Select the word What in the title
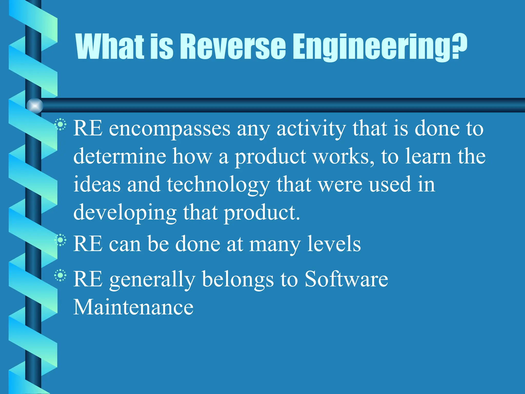click(110, 46)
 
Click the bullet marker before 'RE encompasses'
click(60, 125)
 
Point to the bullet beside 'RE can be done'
click(60, 240)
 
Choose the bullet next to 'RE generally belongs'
click(60, 275)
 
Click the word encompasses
click(169, 129)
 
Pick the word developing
click(125, 213)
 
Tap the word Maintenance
click(133, 307)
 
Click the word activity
click(311, 129)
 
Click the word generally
click(152, 280)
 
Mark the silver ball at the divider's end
click(35, 106)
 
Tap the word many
click(275, 245)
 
